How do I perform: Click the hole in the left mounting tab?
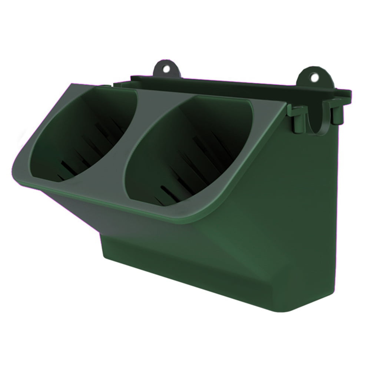[166, 69]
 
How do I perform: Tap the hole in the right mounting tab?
[314, 77]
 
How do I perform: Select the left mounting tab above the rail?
[167, 68]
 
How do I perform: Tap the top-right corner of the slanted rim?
[285, 103]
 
